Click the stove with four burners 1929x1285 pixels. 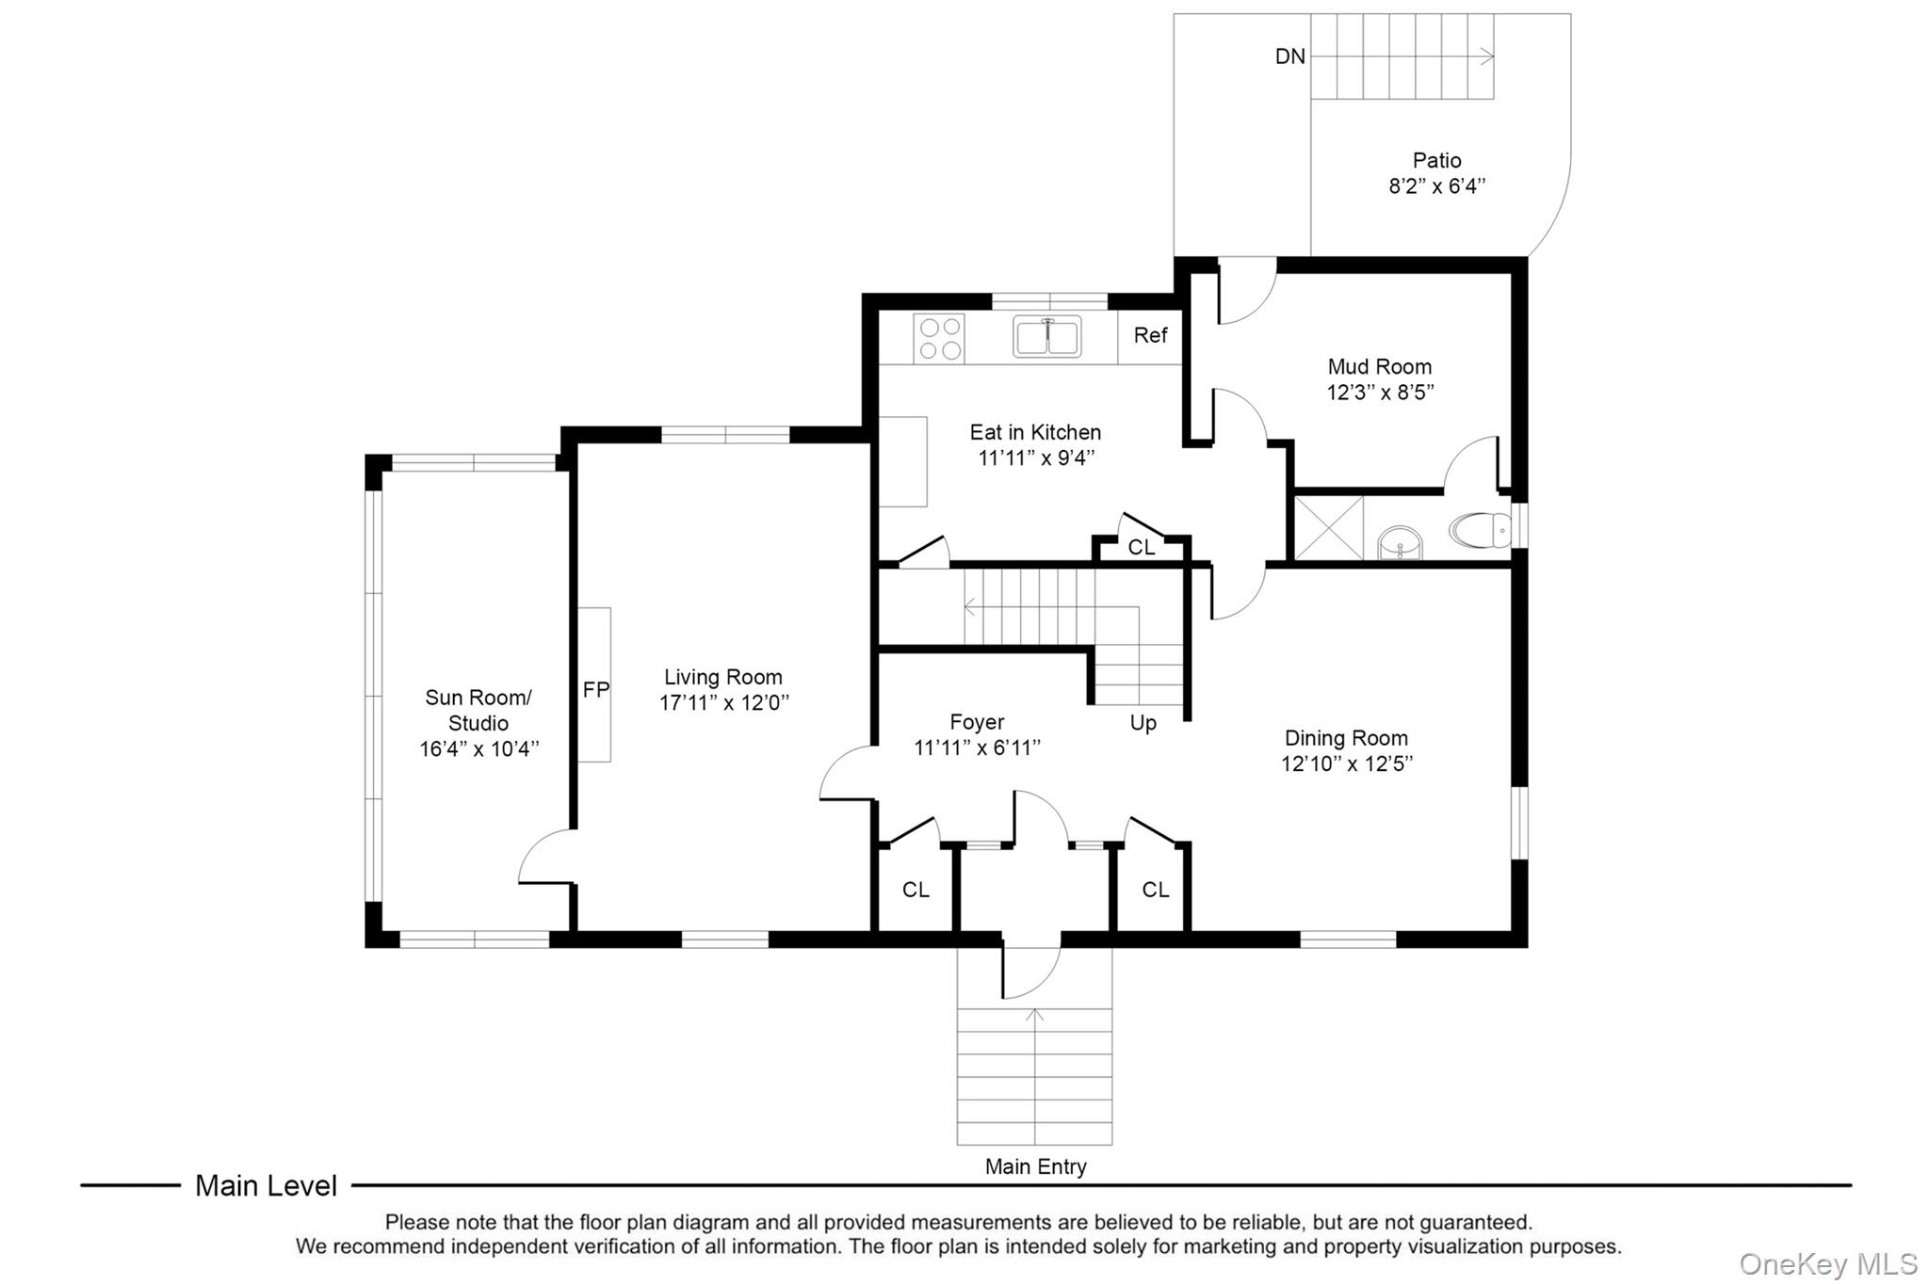[x=939, y=339]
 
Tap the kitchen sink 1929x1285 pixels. [x=1046, y=337]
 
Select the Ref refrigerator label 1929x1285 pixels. [x=1150, y=335]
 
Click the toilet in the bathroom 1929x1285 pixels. [x=1481, y=531]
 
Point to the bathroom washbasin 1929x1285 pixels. [x=1401, y=543]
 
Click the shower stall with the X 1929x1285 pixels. [x=1329, y=528]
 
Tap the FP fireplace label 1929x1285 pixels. [x=596, y=690]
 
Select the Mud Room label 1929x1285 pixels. [x=1379, y=367]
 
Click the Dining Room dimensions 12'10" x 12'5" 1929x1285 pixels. [x=1347, y=763]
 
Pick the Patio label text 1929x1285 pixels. [x=1436, y=161]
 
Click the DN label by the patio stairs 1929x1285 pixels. [x=1290, y=56]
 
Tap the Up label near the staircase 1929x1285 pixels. [x=1143, y=723]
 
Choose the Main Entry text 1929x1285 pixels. [x=1035, y=1166]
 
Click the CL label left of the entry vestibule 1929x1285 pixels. [x=916, y=890]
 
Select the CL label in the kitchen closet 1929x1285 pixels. [x=1142, y=548]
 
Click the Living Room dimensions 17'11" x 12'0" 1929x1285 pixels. [x=723, y=702]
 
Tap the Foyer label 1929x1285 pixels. [x=977, y=722]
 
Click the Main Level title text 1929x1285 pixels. [x=266, y=1186]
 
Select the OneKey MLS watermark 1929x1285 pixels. [x=1828, y=1263]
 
